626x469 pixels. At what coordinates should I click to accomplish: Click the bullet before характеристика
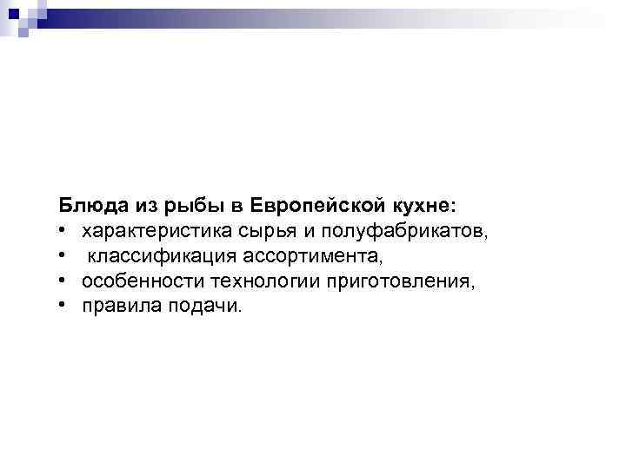point(63,233)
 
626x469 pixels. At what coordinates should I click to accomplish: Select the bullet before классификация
point(63,258)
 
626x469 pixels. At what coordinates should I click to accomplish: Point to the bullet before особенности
point(63,282)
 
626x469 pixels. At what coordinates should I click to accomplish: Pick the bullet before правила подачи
point(63,307)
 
